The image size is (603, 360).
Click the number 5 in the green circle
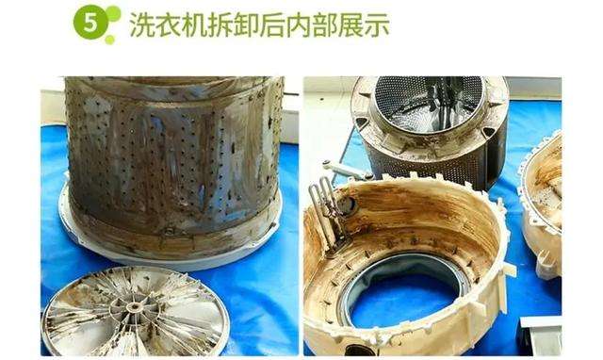pyautogui.click(x=90, y=24)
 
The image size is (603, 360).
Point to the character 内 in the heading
pyautogui.click(x=299, y=25)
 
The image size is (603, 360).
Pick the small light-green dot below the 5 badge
pyautogui.click(x=109, y=40)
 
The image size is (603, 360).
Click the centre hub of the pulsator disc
pyautogui.click(x=134, y=307)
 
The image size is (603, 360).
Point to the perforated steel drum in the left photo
pyautogui.click(x=173, y=161)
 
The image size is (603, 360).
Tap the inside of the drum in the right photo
pyautogui.click(x=428, y=104)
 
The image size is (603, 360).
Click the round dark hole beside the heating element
pyautogui.click(x=350, y=205)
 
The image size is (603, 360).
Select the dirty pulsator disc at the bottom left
pyautogui.click(x=135, y=311)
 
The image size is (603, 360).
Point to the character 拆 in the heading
pyautogui.click(x=220, y=25)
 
